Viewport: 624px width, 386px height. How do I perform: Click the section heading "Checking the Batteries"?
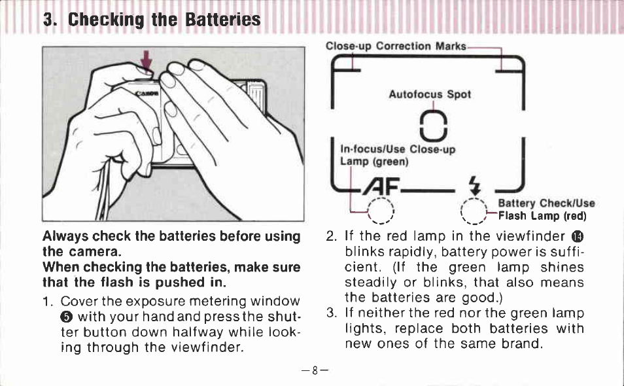tap(152, 20)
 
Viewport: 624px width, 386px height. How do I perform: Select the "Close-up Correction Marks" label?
tap(396, 46)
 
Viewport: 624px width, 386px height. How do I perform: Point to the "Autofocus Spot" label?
tap(430, 94)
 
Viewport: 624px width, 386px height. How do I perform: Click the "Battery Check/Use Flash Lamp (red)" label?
tap(546, 209)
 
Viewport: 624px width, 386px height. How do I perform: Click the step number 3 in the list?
tap(330, 313)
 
